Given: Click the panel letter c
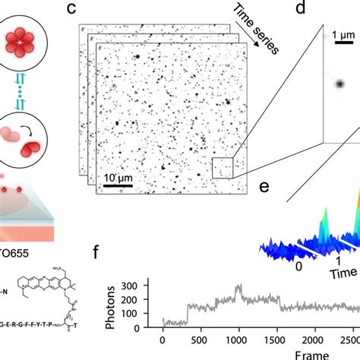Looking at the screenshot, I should tap(93, 10).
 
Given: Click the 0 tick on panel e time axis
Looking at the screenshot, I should tap(299, 267).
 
